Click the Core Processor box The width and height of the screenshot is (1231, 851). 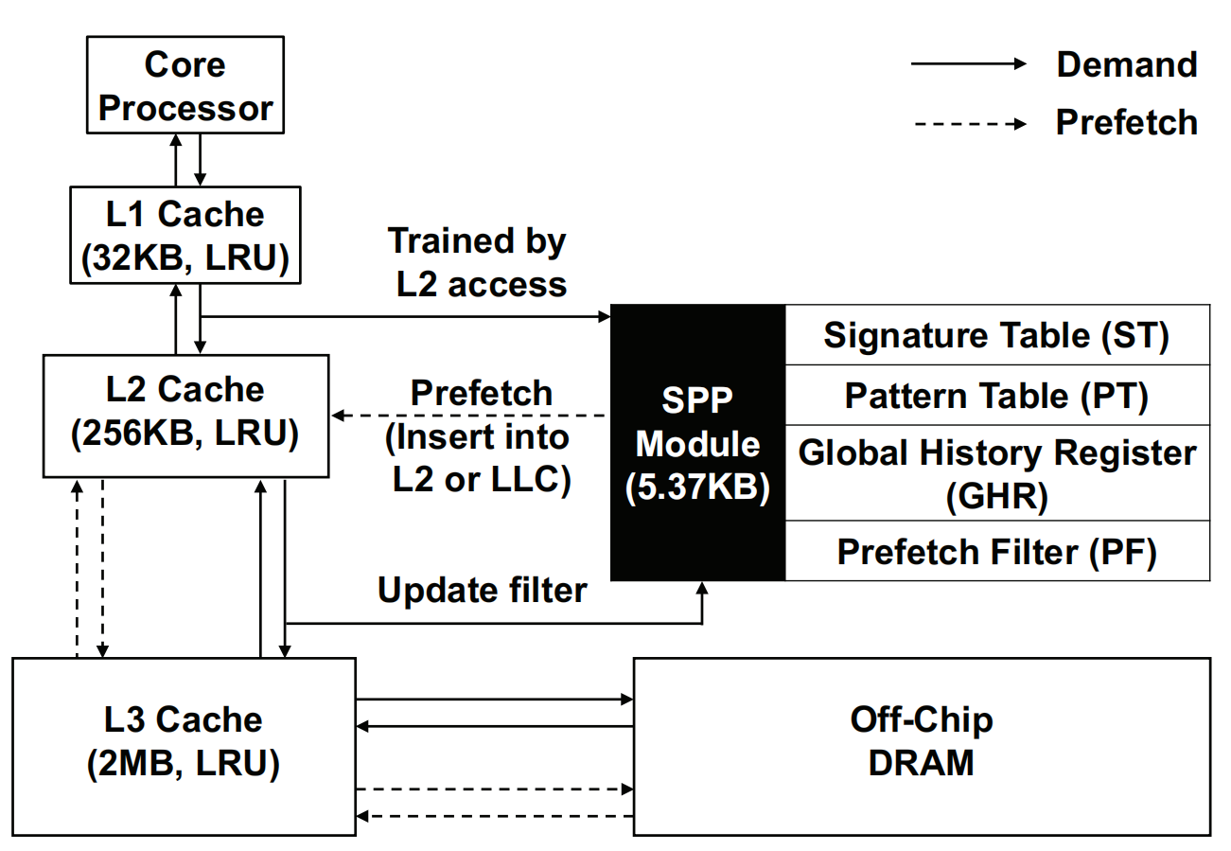tap(185, 86)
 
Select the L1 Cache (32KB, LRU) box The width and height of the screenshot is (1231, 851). tap(185, 235)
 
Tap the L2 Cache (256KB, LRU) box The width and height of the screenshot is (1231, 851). tap(185, 415)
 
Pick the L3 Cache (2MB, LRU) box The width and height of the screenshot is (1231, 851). tap(184, 746)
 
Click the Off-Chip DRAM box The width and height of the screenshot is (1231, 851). tap(921, 746)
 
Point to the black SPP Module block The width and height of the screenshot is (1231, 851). tap(697, 442)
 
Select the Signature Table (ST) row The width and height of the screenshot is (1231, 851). tap(996, 335)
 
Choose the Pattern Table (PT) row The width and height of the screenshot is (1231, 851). tap(996, 396)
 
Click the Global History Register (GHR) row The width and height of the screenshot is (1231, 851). tap(996, 472)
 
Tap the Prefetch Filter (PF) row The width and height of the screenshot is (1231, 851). tap(996, 551)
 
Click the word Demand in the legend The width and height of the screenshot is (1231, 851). tap(1126, 64)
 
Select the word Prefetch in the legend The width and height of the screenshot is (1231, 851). tap(1126, 122)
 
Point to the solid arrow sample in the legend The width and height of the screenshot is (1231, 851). tap(967, 64)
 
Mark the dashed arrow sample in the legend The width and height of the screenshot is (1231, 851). tap(967, 123)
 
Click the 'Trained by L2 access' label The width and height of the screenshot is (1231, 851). tap(479, 262)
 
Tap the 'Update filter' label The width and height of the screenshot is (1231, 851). tap(482, 590)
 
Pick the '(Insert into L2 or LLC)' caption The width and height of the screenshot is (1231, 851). tap(482, 459)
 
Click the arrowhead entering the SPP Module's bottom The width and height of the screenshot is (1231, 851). tap(703, 588)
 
